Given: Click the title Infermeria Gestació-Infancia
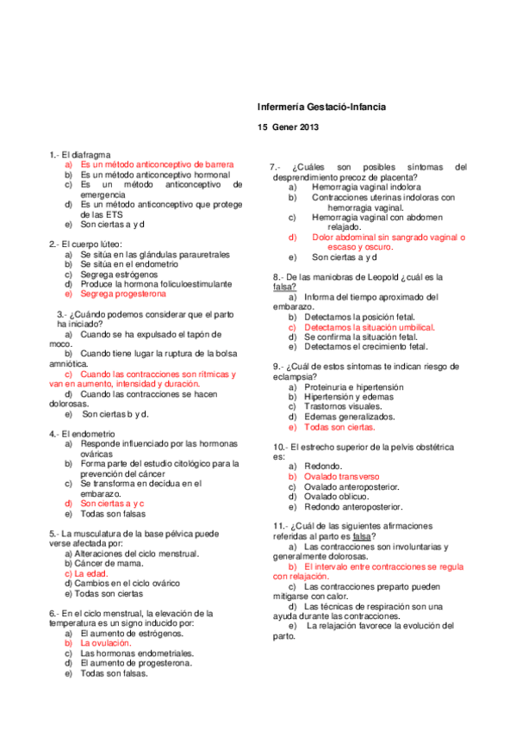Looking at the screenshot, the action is (321, 107).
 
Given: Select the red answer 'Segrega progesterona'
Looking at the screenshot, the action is (123, 294).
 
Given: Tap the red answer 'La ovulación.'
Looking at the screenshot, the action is (105, 642).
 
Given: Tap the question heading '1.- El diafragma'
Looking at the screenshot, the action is (79, 153).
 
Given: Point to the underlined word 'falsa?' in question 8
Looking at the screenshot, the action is (285, 287).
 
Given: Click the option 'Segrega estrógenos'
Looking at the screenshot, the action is (119, 274).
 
